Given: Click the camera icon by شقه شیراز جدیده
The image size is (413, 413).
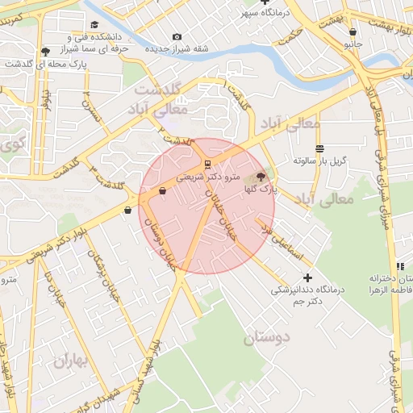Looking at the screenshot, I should [x=177, y=36].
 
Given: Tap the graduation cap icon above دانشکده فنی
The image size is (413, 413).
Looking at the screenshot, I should [x=95, y=25].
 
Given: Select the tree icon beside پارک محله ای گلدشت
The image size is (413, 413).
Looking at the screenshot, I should [x=45, y=52].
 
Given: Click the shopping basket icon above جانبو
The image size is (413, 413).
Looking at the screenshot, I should [x=353, y=33].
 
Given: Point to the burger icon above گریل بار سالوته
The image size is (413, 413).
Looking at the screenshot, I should [x=320, y=148].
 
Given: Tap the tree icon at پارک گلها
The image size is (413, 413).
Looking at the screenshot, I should [x=260, y=177].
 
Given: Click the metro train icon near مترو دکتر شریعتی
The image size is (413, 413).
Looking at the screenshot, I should [x=208, y=163].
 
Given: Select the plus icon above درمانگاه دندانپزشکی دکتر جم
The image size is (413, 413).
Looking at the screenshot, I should [x=307, y=277].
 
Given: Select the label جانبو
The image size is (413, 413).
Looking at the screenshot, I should [x=353, y=44].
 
